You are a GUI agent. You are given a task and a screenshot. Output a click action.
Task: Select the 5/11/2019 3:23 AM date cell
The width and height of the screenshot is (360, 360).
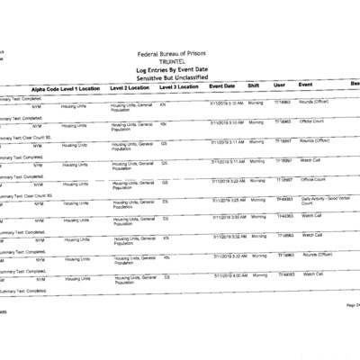tap(228, 180)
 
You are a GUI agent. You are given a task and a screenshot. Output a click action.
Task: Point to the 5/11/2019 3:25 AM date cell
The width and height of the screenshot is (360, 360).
tap(228, 199)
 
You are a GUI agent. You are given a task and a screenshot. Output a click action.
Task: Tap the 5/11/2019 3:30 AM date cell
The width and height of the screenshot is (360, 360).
tap(228, 217)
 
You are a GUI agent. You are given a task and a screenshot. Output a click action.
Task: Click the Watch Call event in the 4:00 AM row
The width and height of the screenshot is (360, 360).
tap(312, 274)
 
